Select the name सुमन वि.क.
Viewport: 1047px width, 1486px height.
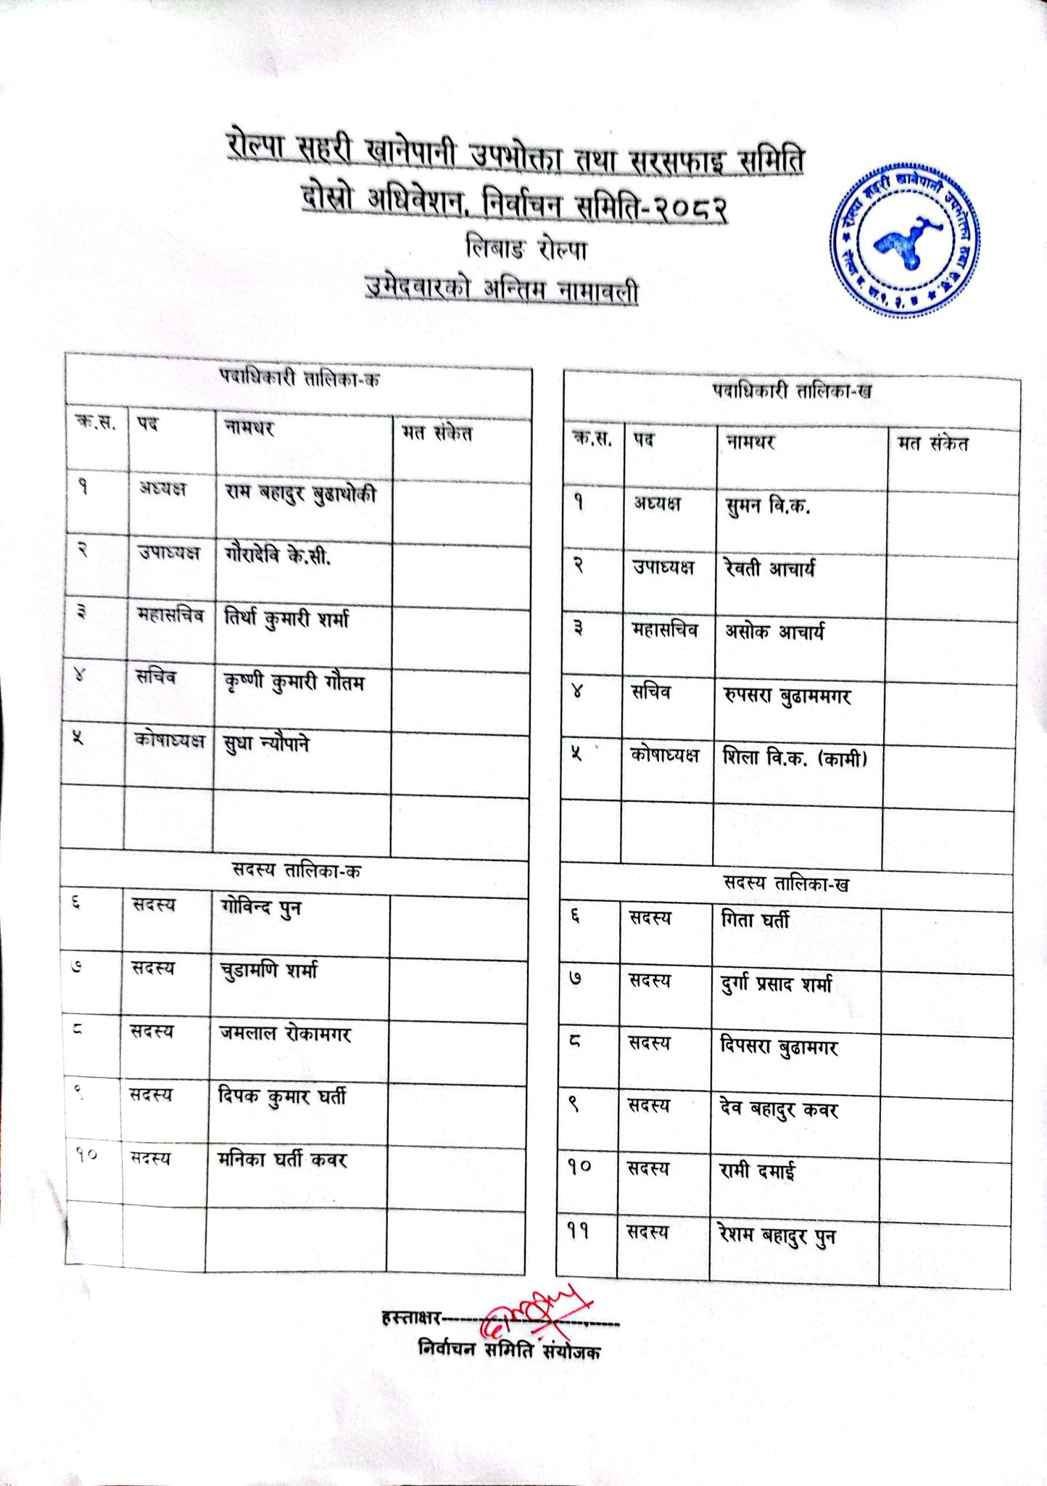coord(767,505)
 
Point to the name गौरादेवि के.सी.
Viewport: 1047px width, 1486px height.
coord(278,556)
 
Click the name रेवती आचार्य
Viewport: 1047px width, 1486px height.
coord(769,568)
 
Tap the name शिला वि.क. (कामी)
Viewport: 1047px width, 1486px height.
coord(795,758)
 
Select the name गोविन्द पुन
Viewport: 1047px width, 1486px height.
coord(260,908)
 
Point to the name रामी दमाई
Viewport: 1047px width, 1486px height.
coord(756,1171)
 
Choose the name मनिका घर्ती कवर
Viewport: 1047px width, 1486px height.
coord(282,1159)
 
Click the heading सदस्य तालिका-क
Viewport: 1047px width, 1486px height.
coord(296,871)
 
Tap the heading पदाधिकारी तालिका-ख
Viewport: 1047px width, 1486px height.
coord(791,392)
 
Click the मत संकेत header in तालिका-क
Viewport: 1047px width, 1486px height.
coord(437,433)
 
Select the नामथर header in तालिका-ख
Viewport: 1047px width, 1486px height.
coord(750,441)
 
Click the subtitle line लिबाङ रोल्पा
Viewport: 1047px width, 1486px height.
coord(526,250)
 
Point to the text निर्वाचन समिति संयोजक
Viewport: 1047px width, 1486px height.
coord(509,1350)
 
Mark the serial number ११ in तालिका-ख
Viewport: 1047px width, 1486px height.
coord(578,1231)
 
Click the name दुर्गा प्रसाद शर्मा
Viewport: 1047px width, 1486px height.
coord(776,985)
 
